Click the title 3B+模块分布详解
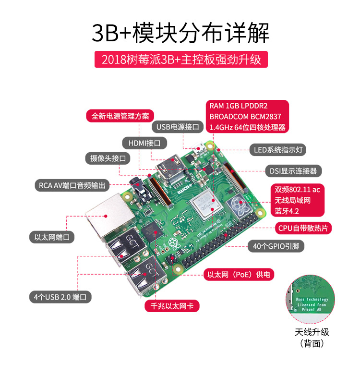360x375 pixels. pos(180,33)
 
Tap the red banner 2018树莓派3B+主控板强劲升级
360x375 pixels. pos(180,60)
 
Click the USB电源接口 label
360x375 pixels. pos(178,127)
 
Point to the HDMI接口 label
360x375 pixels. pos(144,143)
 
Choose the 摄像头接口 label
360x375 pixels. pos(108,158)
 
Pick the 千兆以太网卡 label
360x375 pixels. pos(172,306)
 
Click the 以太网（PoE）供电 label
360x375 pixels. pos(239,275)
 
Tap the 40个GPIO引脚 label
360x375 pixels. pos(276,246)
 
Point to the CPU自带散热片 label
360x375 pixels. pos(304,228)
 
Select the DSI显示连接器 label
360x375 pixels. pos(292,171)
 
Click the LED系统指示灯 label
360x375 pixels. pos(277,150)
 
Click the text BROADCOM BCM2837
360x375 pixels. pos(245,116)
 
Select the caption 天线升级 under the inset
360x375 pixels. pos(312,332)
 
